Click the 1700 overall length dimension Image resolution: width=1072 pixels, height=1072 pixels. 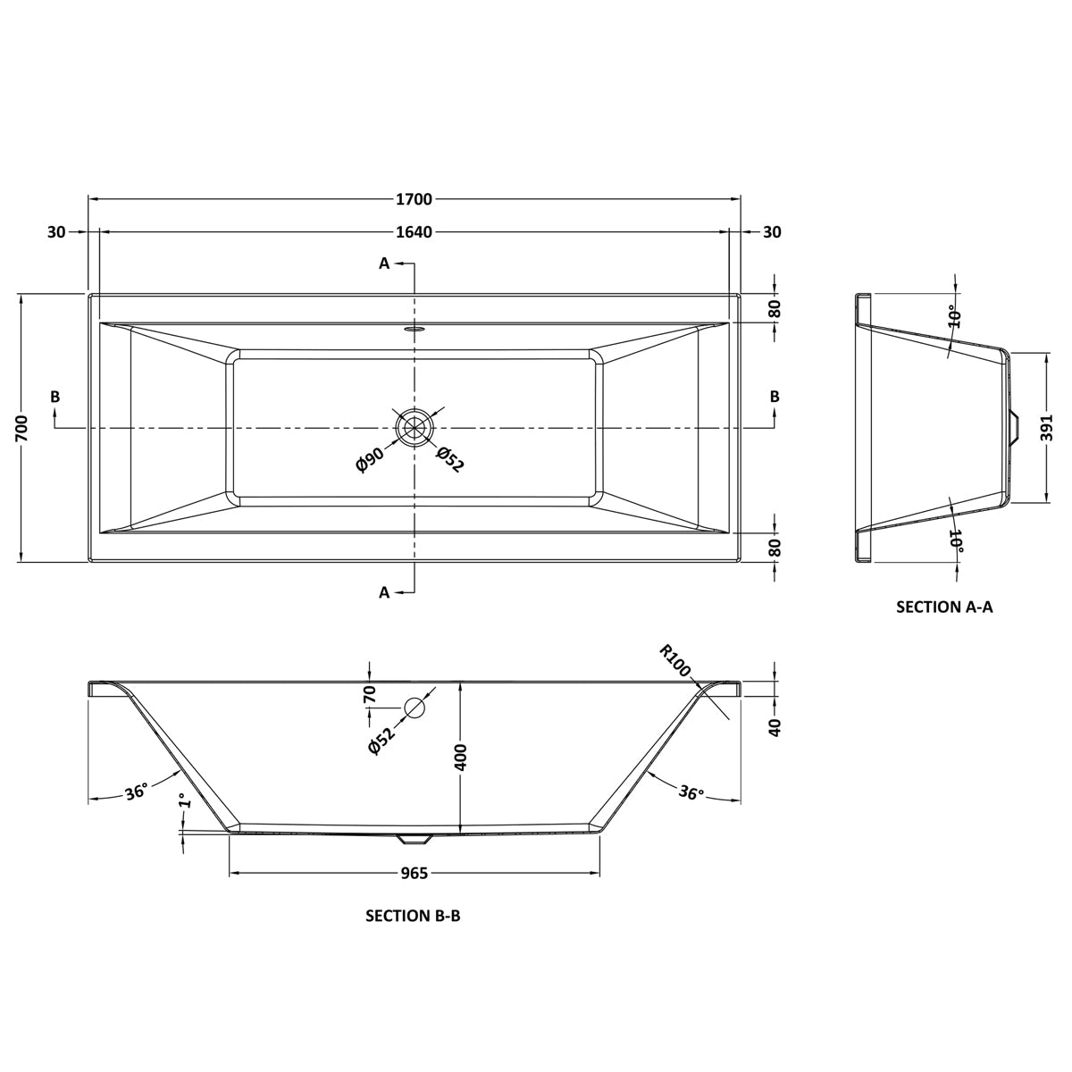point(414,198)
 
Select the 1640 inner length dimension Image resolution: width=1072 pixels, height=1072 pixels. point(414,232)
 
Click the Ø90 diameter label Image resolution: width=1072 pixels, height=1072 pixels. point(369,461)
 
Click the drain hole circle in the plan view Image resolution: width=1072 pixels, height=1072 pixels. point(414,428)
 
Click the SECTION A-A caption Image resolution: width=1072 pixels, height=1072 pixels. point(944,607)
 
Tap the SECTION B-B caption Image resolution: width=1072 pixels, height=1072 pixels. point(413,916)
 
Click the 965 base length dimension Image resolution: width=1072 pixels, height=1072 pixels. point(414,873)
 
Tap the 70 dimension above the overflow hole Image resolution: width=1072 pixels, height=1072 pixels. point(370,694)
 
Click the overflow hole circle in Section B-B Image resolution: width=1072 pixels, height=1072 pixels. point(415,708)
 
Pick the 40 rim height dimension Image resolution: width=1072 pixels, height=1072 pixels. point(775,726)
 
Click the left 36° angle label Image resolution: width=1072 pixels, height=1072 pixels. point(136,792)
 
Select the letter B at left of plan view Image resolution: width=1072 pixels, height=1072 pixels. point(55,397)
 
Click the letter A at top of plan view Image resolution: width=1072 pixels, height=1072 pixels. point(384,263)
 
